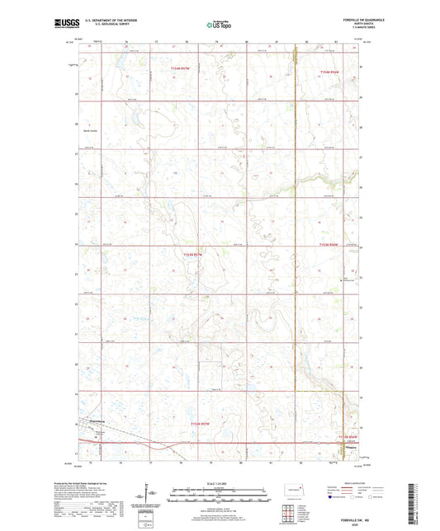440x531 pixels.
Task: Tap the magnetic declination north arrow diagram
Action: tap(154, 496)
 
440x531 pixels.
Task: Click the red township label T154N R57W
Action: tap(186, 70)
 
